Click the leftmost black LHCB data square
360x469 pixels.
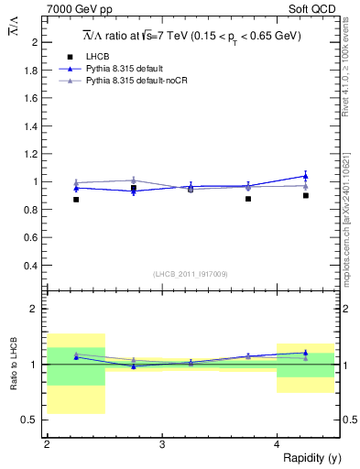coord(76,199)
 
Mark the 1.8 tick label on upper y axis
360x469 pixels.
coord(32,71)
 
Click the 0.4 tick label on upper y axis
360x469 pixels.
coord(32,266)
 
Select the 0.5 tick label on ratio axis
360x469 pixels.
coord(32,420)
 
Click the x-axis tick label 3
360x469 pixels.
coord(162,444)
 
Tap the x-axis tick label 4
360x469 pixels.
coord(277,444)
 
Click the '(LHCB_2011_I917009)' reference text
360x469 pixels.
coord(191,274)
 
